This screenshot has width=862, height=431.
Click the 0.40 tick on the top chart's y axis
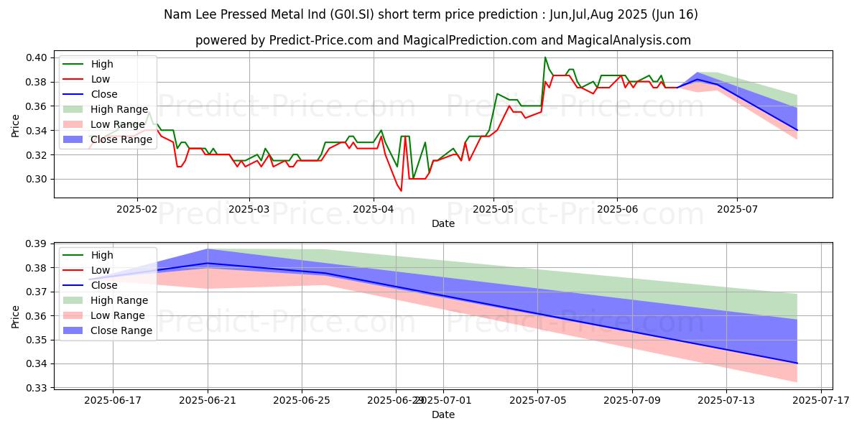click(38, 57)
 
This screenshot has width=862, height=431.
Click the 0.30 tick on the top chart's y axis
click(38, 179)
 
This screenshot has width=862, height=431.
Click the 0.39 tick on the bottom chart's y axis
click(38, 244)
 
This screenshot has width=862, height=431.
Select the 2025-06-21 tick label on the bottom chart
click(208, 400)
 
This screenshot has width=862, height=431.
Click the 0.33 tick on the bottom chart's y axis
click(38, 388)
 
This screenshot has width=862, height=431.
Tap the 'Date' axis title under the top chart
click(443, 223)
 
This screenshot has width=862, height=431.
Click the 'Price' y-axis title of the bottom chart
click(16, 316)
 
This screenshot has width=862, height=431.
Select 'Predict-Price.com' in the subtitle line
click(318, 40)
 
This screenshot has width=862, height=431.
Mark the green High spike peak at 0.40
click(545, 57)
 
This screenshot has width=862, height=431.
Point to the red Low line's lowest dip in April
click(401, 190)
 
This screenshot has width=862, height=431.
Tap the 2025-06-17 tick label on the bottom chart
click(113, 400)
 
